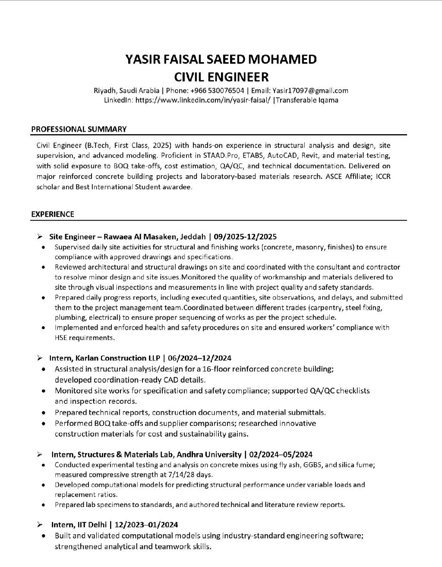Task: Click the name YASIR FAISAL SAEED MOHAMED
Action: (x=221, y=59)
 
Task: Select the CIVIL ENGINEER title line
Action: (x=221, y=77)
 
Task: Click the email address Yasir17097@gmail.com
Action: (x=310, y=91)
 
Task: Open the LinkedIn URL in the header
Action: (x=203, y=100)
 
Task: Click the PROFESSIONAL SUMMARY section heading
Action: (x=79, y=129)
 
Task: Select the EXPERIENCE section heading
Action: (x=53, y=214)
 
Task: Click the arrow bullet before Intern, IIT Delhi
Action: (x=40, y=525)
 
